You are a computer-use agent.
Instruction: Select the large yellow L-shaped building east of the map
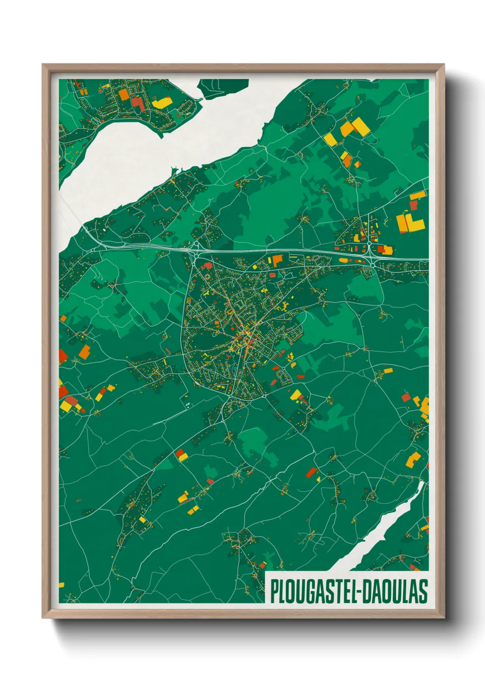coord(415,222)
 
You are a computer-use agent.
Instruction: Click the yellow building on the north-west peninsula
coord(161,102)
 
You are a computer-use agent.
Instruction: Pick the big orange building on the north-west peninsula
coord(124,94)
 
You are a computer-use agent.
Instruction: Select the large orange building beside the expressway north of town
coord(278,260)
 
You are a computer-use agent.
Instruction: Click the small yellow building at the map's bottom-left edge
coord(61,585)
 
